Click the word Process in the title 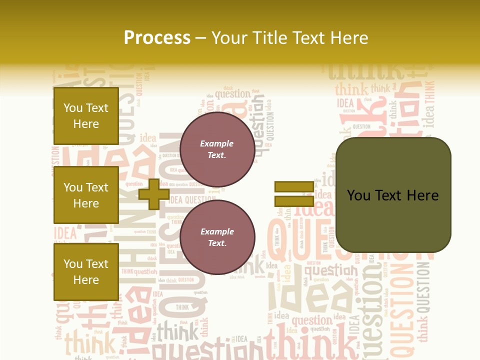(157, 38)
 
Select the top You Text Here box (86, 116)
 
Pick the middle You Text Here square (86, 195)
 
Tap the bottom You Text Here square (86, 271)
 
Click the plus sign (153, 193)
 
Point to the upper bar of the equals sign (294, 187)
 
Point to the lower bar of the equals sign (294, 201)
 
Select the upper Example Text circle (217, 149)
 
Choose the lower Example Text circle (217, 237)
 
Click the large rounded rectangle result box (393, 194)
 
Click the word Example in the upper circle (216, 144)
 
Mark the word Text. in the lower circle (217, 243)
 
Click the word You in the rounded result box (358, 195)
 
